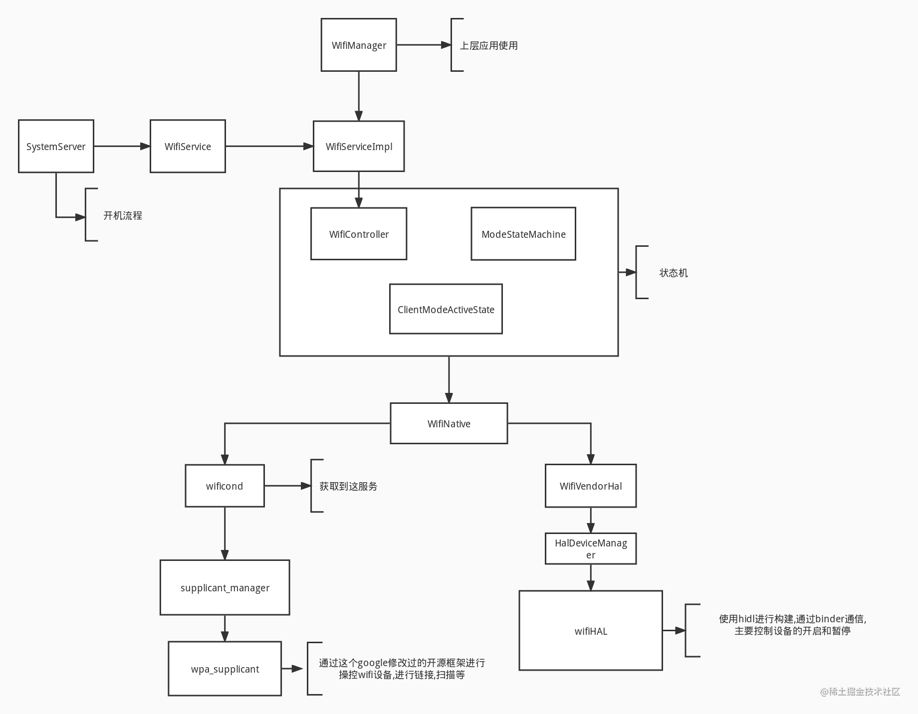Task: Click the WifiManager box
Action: [x=359, y=45]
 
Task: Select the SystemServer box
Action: [x=56, y=146]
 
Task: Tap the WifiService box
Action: [x=188, y=146]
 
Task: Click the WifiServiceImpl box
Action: [x=359, y=146]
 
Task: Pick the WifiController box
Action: [x=359, y=234]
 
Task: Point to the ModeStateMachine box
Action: [x=523, y=234]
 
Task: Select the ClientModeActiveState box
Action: [x=446, y=309]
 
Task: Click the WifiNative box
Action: [x=449, y=423]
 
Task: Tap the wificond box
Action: [x=225, y=486]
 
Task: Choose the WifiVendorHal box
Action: [x=591, y=486]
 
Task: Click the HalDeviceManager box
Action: [x=591, y=548]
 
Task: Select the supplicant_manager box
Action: [x=225, y=587]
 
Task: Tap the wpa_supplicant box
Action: [x=225, y=669]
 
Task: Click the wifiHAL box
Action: [x=591, y=631]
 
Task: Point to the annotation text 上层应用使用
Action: [x=488, y=45]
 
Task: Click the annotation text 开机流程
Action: [x=123, y=215]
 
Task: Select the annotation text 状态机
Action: [x=674, y=273]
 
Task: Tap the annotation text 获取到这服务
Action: [x=348, y=486]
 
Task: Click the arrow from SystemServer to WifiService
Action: [x=122, y=146]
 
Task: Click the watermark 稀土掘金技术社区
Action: [x=860, y=692]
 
